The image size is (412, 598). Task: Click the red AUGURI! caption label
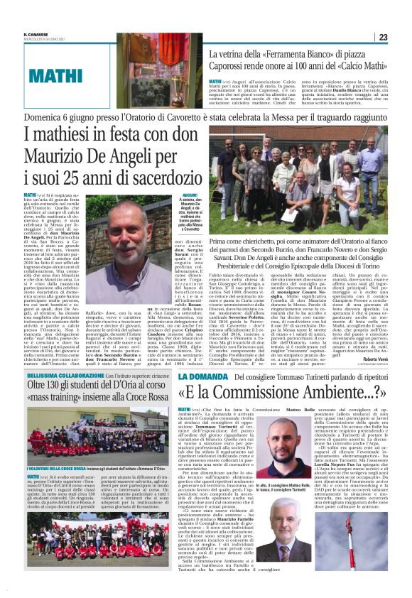click(171, 194)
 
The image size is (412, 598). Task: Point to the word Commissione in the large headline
click(288, 393)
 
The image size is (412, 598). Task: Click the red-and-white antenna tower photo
click(369, 543)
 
